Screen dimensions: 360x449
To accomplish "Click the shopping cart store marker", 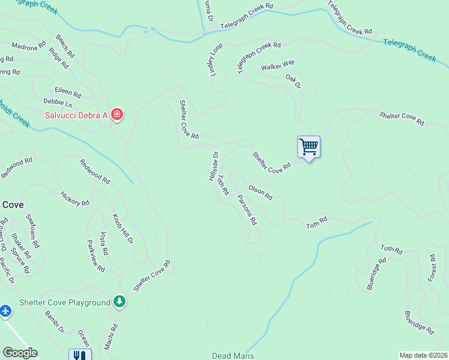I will pos(309,146).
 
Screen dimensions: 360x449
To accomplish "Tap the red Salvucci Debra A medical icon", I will pos(117,114).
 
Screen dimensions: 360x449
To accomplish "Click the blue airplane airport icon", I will pos(5,311).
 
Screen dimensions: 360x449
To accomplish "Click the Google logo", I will pos(20,353).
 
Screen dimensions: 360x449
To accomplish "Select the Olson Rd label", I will pos(261,192).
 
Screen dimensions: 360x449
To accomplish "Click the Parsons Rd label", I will pos(247,209).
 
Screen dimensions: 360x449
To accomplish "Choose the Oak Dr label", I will pos(292,81).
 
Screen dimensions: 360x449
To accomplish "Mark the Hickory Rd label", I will pos(74,199).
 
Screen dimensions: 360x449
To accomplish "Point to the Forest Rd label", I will pos(431,266).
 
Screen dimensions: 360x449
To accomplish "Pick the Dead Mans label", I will pos(233,356).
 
